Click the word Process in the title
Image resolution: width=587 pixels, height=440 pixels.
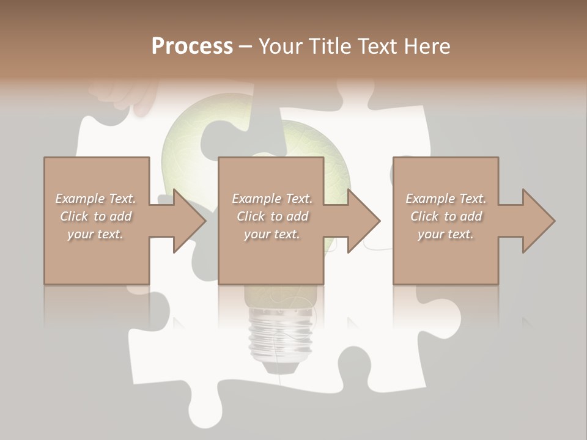pos(192,46)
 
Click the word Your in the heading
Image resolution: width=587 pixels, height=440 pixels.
pos(282,46)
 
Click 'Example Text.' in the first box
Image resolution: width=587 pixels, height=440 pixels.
pos(95,199)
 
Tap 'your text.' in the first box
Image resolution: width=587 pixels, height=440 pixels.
pos(95,234)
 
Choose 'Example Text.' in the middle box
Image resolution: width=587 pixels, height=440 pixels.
pos(272,199)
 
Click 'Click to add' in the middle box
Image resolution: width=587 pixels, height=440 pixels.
pos(272,216)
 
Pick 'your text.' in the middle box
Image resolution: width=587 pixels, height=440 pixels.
pos(272,234)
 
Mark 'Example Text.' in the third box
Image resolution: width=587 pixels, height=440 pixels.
pos(446,199)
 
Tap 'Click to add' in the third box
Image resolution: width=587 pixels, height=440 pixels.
pos(446,216)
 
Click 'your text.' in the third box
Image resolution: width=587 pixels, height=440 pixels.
pos(446,234)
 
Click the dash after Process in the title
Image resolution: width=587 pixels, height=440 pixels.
pos(246,47)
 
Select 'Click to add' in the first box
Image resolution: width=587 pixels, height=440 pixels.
pos(95,216)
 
